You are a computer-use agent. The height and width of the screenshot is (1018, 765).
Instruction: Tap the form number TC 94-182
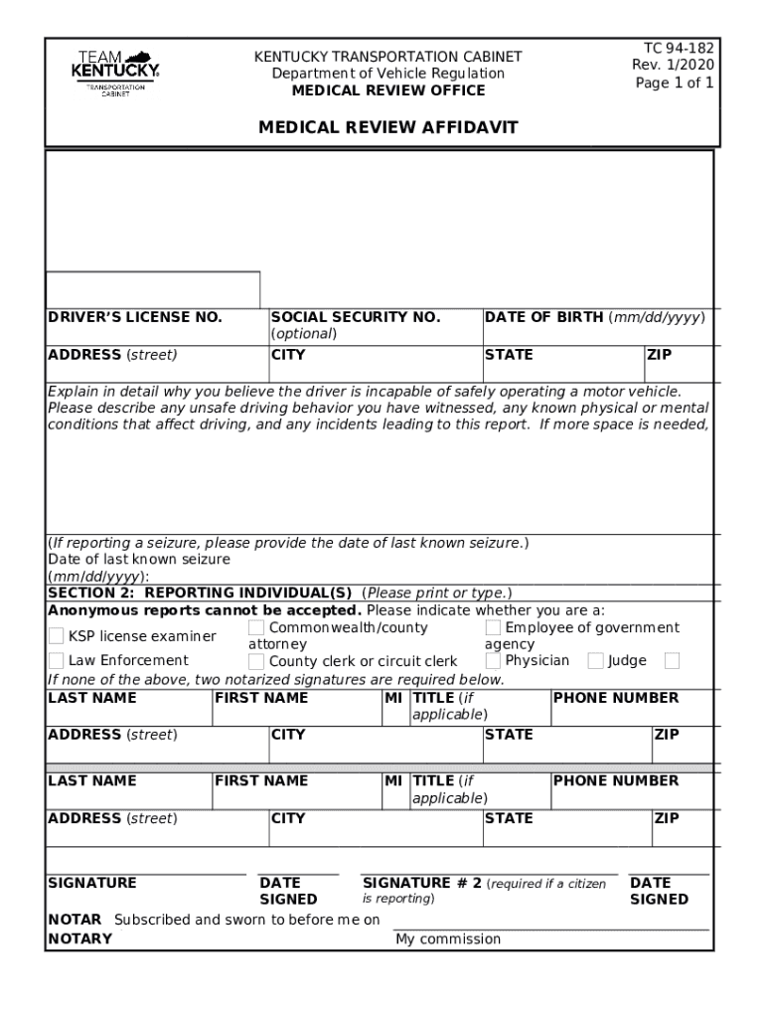679,48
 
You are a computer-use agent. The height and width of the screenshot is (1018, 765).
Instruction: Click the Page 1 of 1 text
675,84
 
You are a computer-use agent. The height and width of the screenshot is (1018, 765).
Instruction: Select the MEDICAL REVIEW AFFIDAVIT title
388,128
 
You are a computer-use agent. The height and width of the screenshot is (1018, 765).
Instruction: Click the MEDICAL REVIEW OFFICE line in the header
388,90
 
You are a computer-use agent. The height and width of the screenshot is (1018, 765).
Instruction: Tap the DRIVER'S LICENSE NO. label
135,317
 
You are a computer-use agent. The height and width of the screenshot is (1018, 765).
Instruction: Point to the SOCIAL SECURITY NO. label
356,317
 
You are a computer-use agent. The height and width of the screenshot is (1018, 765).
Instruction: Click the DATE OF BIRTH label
543,317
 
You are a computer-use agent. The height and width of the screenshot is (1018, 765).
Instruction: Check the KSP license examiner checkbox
57,636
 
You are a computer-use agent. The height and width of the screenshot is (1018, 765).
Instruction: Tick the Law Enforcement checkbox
57,661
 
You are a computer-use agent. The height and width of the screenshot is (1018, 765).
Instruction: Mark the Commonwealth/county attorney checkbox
256,628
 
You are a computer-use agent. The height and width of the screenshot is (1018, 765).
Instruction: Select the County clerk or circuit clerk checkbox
256,661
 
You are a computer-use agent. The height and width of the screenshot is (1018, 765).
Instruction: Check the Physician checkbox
493,660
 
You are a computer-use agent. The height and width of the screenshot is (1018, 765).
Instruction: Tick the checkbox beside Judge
595,660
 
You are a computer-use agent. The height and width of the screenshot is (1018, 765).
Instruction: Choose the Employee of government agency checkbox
493,627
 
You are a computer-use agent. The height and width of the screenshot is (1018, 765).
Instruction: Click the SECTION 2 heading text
204,594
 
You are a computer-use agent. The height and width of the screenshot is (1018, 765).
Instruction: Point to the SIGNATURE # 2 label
422,883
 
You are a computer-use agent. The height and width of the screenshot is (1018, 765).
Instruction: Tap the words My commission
448,939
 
